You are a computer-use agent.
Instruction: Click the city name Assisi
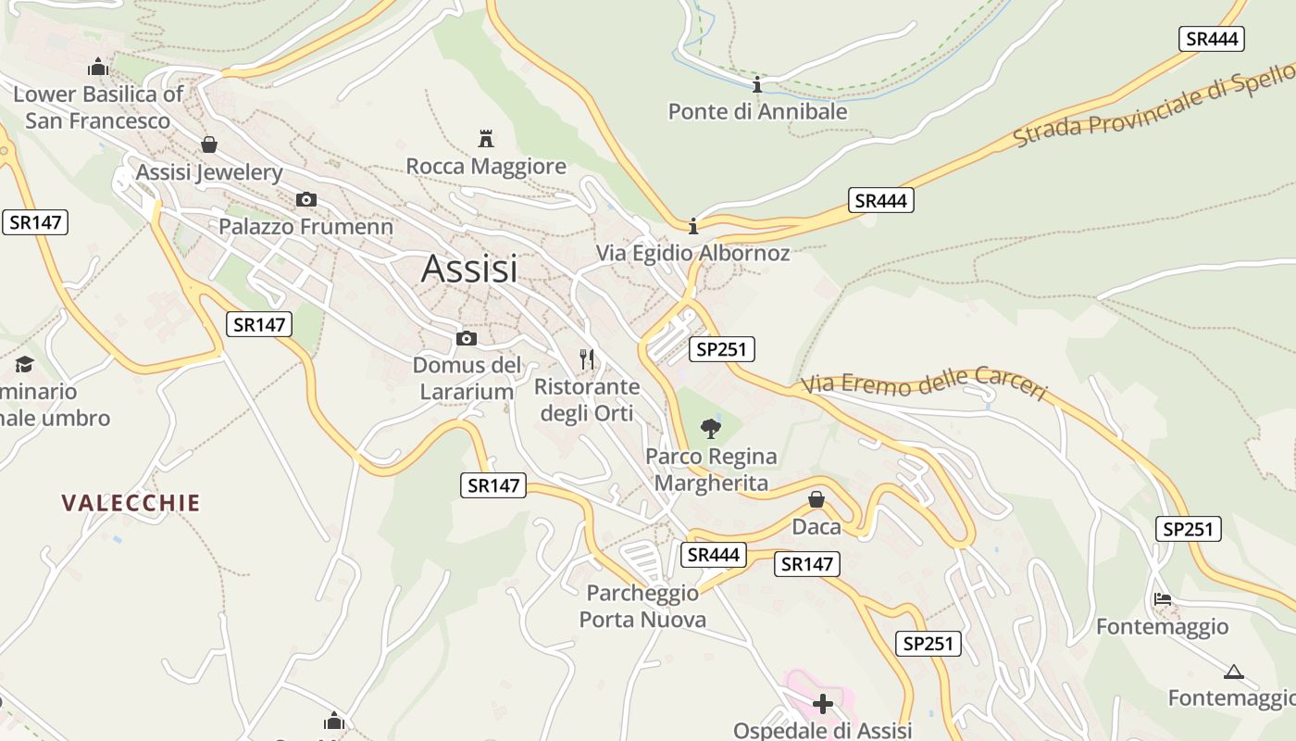click(x=469, y=269)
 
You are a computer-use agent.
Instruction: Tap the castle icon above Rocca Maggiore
click(x=486, y=139)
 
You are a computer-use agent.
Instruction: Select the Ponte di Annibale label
click(x=757, y=112)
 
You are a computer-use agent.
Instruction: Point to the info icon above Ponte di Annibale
click(x=757, y=85)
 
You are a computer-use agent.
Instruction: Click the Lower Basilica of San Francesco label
click(x=98, y=107)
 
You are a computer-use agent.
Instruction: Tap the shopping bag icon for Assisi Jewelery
click(x=209, y=144)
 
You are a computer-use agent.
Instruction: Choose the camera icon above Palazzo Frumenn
click(x=306, y=199)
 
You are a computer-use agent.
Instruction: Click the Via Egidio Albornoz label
click(x=692, y=253)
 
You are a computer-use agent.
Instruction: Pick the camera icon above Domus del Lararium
click(x=467, y=338)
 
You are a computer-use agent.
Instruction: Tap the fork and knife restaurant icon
click(x=586, y=358)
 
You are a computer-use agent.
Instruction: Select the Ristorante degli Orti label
click(x=587, y=399)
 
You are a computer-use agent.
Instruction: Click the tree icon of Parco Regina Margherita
click(x=711, y=428)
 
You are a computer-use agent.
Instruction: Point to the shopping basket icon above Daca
click(x=816, y=500)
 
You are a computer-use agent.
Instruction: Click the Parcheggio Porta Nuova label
click(x=642, y=606)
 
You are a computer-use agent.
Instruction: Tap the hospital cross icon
click(x=822, y=704)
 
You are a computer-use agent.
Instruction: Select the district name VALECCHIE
click(x=131, y=503)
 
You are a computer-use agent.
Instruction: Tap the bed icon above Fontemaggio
click(x=1163, y=598)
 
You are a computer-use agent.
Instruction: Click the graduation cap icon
click(x=24, y=364)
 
